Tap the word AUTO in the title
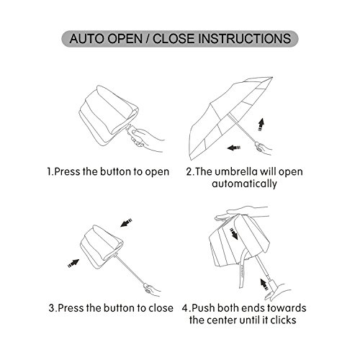[86, 39]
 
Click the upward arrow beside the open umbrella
[261, 124]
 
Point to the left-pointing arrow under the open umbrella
[234, 148]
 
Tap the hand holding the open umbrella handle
[264, 148]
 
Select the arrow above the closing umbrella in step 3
[126, 222]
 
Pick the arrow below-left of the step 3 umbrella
[73, 264]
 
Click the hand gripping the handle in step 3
[152, 290]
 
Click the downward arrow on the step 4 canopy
[234, 234]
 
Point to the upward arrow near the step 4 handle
[264, 284]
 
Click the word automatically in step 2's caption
[244, 184]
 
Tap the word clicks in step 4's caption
[283, 320]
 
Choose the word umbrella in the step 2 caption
[236, 171]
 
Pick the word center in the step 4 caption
[222, 320]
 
